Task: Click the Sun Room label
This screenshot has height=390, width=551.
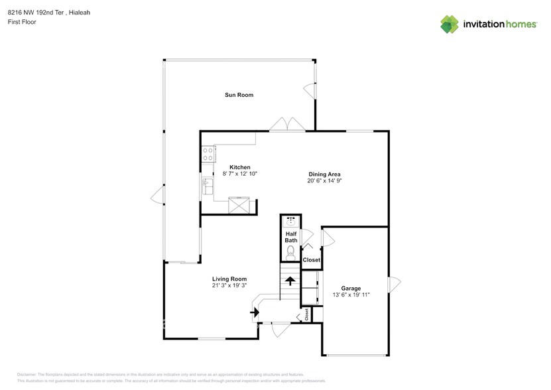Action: (238, 95)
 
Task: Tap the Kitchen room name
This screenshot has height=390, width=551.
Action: (239, 166)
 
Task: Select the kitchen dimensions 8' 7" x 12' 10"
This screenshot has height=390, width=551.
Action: (239, 173)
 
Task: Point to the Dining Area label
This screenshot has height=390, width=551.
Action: (324, 174)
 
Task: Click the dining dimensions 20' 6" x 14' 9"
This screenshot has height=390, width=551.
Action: (324, 180)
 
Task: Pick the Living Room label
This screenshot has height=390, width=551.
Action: (229, 279)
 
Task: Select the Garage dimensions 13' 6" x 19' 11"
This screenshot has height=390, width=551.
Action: (351, 295)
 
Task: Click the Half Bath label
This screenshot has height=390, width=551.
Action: (290, 237)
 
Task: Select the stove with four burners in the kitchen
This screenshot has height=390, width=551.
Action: (208, 155)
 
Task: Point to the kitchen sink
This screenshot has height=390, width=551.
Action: (207, 186)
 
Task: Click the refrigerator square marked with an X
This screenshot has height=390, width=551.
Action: (240, 206)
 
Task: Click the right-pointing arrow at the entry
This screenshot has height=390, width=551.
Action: (255, 312)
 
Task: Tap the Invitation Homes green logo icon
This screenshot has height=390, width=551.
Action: (450, 24)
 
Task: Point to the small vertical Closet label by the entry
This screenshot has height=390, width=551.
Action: (306, 314)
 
